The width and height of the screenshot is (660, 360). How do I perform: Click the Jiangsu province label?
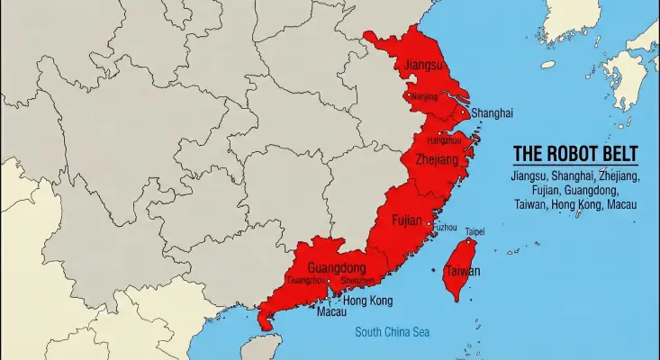tap(424, 66)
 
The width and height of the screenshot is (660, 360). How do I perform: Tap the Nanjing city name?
tap(424, 96)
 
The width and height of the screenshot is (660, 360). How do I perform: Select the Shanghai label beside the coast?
tap(492, 113)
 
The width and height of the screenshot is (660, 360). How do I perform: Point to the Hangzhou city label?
tap(444, 141)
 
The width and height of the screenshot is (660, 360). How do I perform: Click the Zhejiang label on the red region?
tap(437, 159)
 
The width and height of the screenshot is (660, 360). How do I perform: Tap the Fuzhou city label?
tap(445, 228)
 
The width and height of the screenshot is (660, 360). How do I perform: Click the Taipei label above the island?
tap(475, 231)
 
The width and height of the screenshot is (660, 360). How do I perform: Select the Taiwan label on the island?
tap(462, 271)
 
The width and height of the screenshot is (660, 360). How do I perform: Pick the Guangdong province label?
tap(336, 268)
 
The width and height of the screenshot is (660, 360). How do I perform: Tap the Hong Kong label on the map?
tap(368, 300)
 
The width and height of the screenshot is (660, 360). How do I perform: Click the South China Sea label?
tap(392, 332)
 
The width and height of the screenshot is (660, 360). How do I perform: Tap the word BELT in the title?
tap(619, 154)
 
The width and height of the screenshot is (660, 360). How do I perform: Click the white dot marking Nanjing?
tap(410, 94)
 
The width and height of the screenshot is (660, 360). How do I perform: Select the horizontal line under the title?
tap(574, 166)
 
